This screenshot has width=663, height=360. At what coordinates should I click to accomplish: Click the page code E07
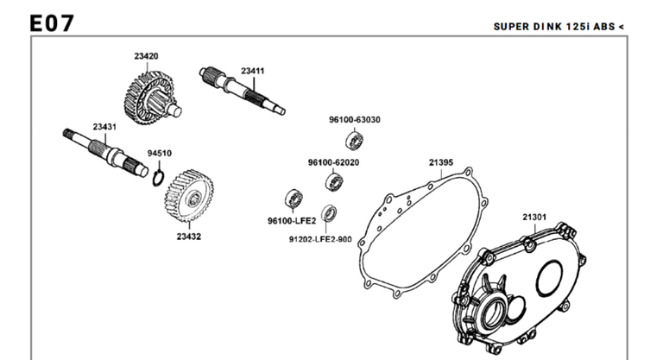(x=49, y=23)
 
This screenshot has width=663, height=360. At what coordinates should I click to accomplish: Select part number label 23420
(x=146, y=56)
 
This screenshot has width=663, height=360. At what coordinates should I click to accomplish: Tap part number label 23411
(x=253, y=71)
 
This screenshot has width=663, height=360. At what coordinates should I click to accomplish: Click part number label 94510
(x=159, y=153)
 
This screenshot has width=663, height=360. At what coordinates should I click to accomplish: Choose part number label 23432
(x=189, y=236)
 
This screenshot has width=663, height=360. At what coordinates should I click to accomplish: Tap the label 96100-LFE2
(x=292, y=220)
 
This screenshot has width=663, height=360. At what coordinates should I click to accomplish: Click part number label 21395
(x=440, y=161)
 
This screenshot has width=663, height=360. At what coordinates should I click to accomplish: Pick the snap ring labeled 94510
(x=157, y=178)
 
